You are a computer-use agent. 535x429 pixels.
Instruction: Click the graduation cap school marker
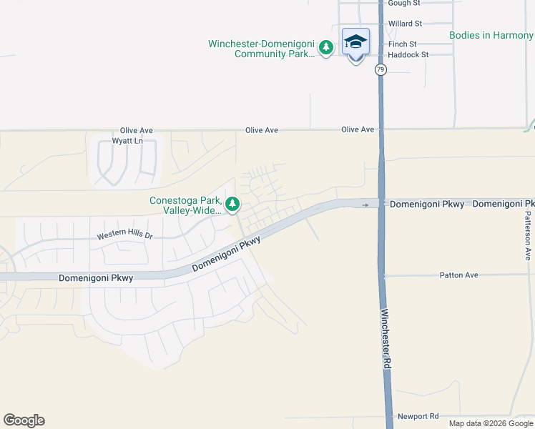[355, 43]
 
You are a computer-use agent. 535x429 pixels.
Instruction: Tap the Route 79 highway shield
[381, 69]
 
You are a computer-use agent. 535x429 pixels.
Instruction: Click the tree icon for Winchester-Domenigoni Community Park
[326, 49]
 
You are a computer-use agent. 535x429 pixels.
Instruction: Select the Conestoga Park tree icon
[232, 205]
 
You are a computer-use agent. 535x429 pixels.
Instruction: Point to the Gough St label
[404, 4]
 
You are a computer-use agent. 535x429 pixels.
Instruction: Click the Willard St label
[405, 24]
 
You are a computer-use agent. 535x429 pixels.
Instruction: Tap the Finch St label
[403, 44]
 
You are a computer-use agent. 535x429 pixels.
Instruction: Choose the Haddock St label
[408, 54]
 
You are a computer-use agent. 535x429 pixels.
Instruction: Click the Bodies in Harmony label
[491, 35]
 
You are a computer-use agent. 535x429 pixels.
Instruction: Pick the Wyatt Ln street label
[127, 142]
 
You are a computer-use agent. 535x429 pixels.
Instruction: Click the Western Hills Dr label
[125, 235]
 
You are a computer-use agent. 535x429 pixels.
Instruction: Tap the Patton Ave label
[458, 275]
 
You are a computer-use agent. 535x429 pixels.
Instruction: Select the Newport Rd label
[418, 416]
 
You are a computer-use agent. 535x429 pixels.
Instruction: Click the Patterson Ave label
[528, 235]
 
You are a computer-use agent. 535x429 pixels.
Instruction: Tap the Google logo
[24, 420]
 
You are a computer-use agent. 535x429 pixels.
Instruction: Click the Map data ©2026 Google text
[491, 423]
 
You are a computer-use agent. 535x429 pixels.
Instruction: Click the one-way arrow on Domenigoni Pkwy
[365, 205]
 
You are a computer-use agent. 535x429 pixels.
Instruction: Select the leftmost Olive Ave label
[137, 131]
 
